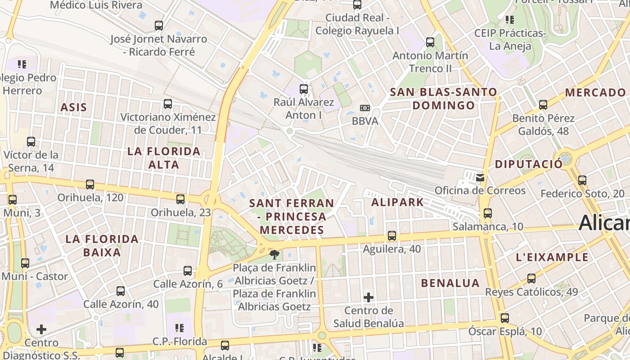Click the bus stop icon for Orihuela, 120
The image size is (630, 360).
coord(90,184)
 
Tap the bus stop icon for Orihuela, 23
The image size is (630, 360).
coord(180,199)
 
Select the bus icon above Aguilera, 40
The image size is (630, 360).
coord(392,236)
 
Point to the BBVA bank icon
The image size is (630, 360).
coord(365,108)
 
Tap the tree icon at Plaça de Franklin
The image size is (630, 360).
coord(274,255)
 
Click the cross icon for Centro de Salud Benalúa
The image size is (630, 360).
coord(369,297)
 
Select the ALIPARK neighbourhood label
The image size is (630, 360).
coord(397,202)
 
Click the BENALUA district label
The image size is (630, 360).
coord(450,283)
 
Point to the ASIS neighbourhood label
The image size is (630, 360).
coord(73,107)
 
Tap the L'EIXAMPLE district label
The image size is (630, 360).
coord(552,257)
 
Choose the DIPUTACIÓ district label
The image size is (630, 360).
coord(529,164)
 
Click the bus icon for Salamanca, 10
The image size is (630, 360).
coord(488,213)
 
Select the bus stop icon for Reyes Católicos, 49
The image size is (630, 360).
coord(531,278)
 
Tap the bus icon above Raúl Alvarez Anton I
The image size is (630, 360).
coord(304,89)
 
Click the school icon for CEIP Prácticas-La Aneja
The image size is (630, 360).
coord(510,20)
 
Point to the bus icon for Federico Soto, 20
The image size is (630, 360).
coord(582,180)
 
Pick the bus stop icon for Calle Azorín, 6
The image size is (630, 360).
coord(188,271)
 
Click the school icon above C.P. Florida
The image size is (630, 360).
coord(180,328)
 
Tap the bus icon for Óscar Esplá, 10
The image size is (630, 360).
coord(505,318)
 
